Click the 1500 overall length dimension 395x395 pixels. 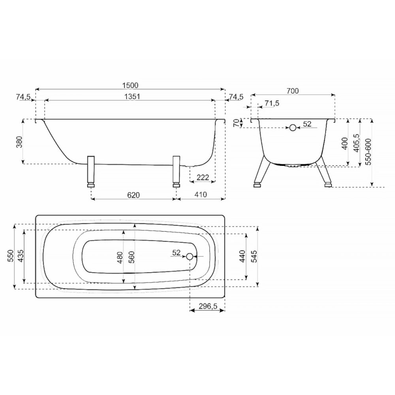tap(130, 86)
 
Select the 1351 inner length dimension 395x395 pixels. tap(132, 96)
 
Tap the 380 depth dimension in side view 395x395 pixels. tap(20, 141)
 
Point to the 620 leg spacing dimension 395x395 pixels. tap(133, 195)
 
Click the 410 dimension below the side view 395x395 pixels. tap(201, 194)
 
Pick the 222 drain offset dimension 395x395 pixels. tap(203, 178)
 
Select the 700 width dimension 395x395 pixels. tap(292, 91)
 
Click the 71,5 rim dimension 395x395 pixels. tap(272, 103)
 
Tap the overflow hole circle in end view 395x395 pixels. tap(293, 128)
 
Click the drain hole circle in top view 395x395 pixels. tap(190, 256)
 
